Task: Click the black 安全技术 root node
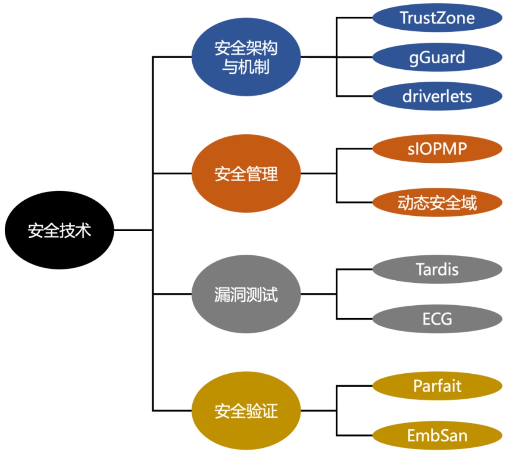coord(59,230)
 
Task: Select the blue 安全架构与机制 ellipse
coord(246,57)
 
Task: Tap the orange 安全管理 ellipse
coord(246,174)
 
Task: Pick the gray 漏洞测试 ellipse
coord(246,294)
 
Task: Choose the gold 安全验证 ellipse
coord(246,410)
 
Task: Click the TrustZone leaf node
coord(437,18)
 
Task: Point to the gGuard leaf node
coord(437,57)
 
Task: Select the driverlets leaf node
coord(437,96)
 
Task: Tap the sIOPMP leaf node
coord(437,149)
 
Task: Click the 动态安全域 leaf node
coord(437,202)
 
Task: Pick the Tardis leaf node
coord(437,270)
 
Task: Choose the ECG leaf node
coord(437,319)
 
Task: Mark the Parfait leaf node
coord(437,386)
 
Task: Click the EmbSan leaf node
coord(437,435)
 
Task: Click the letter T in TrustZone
coord(405,18)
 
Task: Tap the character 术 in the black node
coord(83,230)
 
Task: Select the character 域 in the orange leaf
coord(469,202)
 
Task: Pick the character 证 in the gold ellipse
coord(269,411)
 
